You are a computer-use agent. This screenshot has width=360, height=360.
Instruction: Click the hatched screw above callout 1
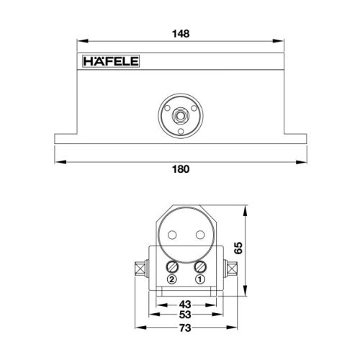coord(201,266)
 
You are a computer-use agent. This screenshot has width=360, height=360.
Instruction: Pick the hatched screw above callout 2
coord(172,266)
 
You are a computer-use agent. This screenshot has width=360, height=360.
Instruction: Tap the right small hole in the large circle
coord(198,235)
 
